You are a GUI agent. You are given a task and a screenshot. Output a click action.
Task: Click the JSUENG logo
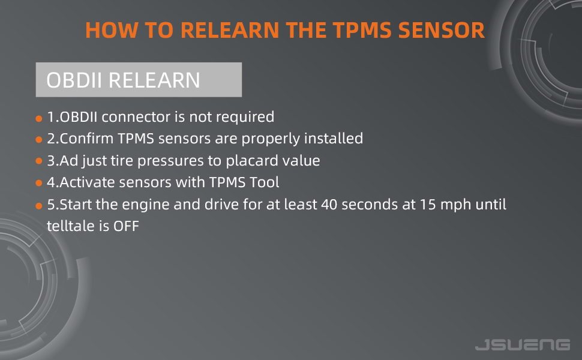[522, 344]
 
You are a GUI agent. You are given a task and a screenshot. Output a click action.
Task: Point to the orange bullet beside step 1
[39, 118]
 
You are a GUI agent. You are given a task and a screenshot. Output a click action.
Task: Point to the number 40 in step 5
[328, 205]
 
